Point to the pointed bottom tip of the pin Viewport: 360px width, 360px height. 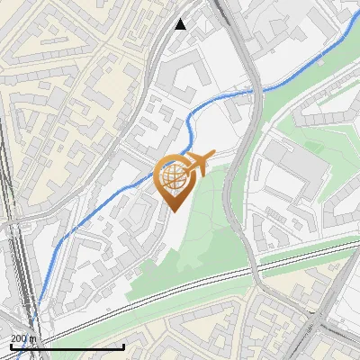[x=173, y=211]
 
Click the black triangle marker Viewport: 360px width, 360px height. [x=181, y=24]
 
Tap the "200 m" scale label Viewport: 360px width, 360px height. [x=23, y=338]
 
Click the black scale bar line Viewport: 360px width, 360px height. [x=67, y=346]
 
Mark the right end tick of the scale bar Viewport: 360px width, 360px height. [x=123, y=345]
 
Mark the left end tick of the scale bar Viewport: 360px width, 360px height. [x=12, y=345]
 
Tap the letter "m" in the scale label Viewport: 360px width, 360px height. [x=31, y=338]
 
